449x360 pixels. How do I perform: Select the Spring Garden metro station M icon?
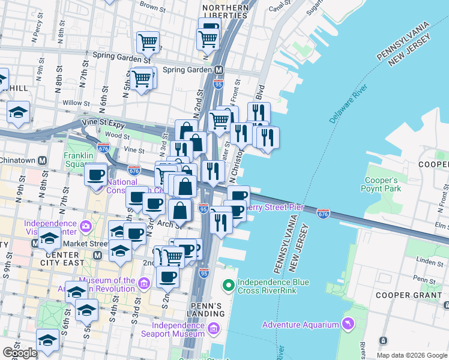pyautogui.click(x=220, y=70)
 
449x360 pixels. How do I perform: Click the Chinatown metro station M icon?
pyautogui.click(x=42, y=161)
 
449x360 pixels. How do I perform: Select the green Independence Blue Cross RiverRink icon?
pyautogui.click(x=228, y=284)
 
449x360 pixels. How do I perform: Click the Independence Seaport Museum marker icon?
pyautogui.click(x=214, y=329)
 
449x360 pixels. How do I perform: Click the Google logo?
pyautogui.click(x=20, y=353)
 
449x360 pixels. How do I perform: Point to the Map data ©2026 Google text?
pyautogui.click(x=412, y=355)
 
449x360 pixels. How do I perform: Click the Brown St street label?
pyautogui.click(x=152, y=7)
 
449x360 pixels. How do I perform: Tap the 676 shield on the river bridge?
pyautogui.click(x=323, y=213)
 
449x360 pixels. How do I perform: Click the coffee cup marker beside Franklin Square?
pyautogui.click(x=95, y=175)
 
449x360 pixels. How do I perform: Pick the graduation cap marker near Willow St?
pyautogui.click(x=19, y=112)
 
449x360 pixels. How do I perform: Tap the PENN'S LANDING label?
pyautogui.click(x=207, y=310)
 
